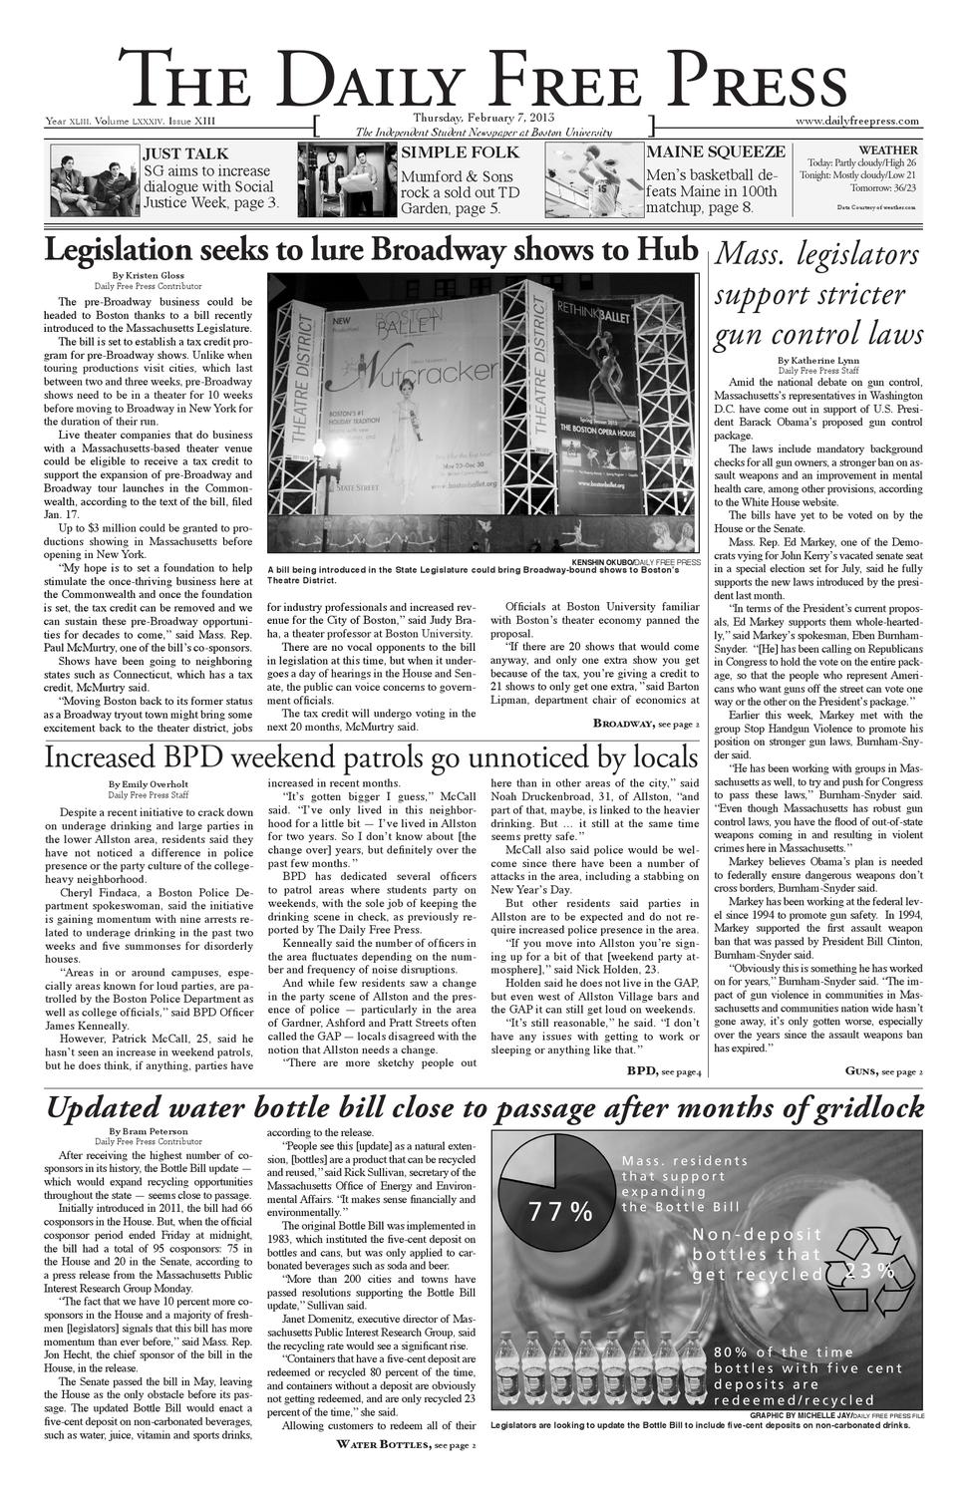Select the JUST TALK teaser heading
[185, 153]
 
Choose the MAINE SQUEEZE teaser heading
[716, 151]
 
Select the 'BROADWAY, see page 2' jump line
[646, 723]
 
